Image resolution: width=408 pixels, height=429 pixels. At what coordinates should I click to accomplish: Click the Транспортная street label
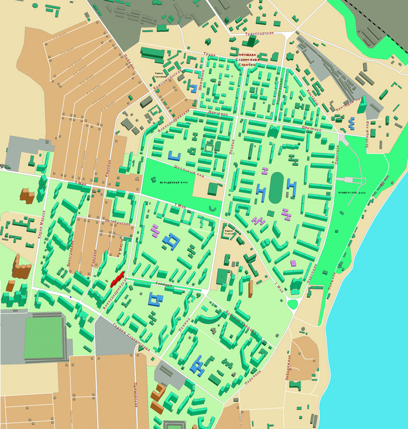pos(260,33)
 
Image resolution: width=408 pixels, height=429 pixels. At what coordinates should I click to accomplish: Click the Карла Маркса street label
pos(43,225)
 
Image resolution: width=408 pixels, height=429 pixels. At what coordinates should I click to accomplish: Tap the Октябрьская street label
pos(119,224)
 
